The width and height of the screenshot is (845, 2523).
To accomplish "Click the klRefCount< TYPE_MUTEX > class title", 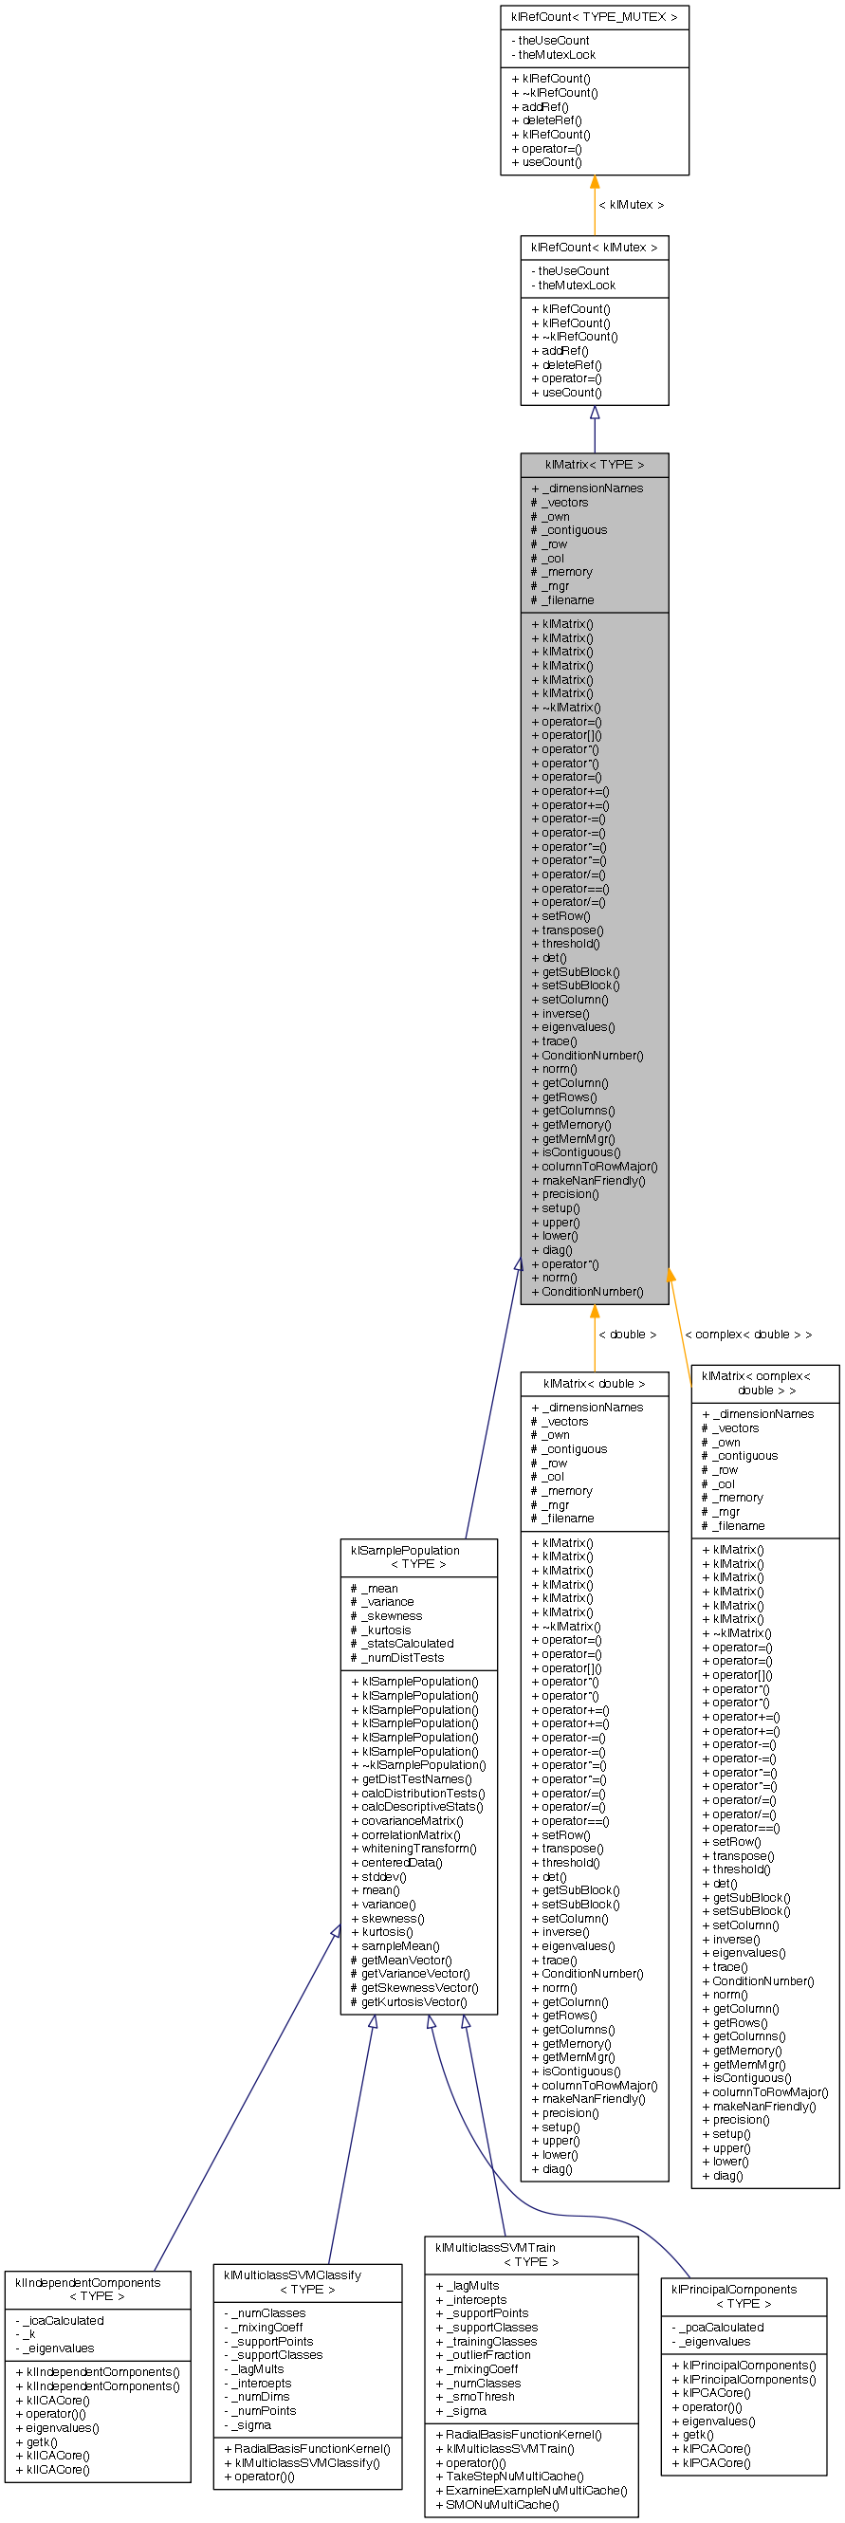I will click(594, 17).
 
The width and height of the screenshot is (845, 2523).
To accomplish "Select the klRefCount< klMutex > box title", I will click(594, 248).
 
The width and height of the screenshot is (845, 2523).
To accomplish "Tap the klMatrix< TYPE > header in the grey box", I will click(594, 464).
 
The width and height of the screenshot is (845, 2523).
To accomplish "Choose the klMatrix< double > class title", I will click(594, 1383).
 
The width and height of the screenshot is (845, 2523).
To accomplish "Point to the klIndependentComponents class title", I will click(97, 2289).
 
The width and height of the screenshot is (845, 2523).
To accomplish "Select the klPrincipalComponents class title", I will click(744, 2295).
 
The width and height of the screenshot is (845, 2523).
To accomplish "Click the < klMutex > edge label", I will click(631, 205).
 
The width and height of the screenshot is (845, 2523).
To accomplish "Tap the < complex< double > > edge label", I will click(748, 1334).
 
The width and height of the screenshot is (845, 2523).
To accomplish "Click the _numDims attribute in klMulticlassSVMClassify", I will click(262, 2396).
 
